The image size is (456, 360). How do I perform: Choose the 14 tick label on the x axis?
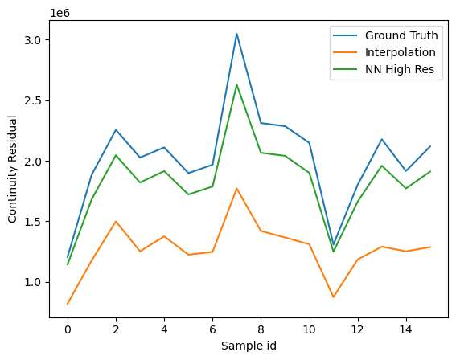406,329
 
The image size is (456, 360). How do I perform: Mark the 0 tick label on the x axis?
68,329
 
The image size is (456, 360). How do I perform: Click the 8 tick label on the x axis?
261,329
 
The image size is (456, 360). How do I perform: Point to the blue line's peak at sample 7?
236,34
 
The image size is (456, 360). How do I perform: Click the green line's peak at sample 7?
236,84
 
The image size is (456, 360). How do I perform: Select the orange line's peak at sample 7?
236,188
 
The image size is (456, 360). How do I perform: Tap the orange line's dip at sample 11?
334,297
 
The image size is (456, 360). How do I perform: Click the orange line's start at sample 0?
68,304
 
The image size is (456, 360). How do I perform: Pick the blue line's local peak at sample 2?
116,130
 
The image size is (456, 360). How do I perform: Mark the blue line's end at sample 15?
430,146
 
